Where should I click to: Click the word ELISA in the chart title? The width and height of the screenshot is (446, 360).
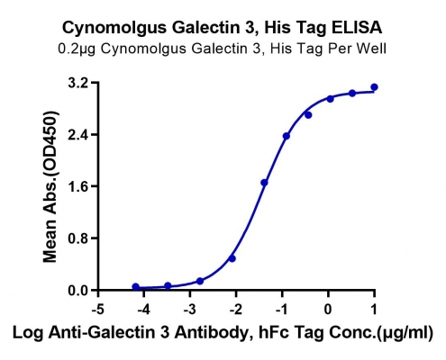[x=357, y=28]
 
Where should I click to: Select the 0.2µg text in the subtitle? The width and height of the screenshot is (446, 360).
[x=77, y=49]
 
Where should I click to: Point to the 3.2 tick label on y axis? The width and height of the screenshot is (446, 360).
[x=79, y=83]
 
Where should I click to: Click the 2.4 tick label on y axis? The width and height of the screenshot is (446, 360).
[x=79, y=135]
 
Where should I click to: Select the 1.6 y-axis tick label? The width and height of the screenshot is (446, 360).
[x=79, y=186]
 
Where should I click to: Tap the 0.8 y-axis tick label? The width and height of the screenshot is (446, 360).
[x=79, y=238]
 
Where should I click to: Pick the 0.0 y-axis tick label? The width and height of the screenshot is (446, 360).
[x=79, y=291]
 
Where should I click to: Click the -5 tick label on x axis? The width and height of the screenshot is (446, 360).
[x=97, y=310]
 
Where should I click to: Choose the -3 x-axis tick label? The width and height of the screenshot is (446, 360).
[x=190, y=310]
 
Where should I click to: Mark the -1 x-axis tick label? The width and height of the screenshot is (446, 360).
[x=282, y=310]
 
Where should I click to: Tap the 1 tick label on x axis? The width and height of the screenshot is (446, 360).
[x=374, y=310]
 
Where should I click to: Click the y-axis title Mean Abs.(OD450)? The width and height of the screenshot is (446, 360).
[x=50, y=186]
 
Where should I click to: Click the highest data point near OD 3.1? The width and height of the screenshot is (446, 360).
[x=374, y=87]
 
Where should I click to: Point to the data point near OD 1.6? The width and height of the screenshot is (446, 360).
[x=264, y=183]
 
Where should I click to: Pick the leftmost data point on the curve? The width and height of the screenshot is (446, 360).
[x=136, y=287]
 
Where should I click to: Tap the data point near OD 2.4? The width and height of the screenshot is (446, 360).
[x=287, y=136]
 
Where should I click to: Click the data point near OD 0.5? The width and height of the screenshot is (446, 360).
[x=232, y=258]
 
